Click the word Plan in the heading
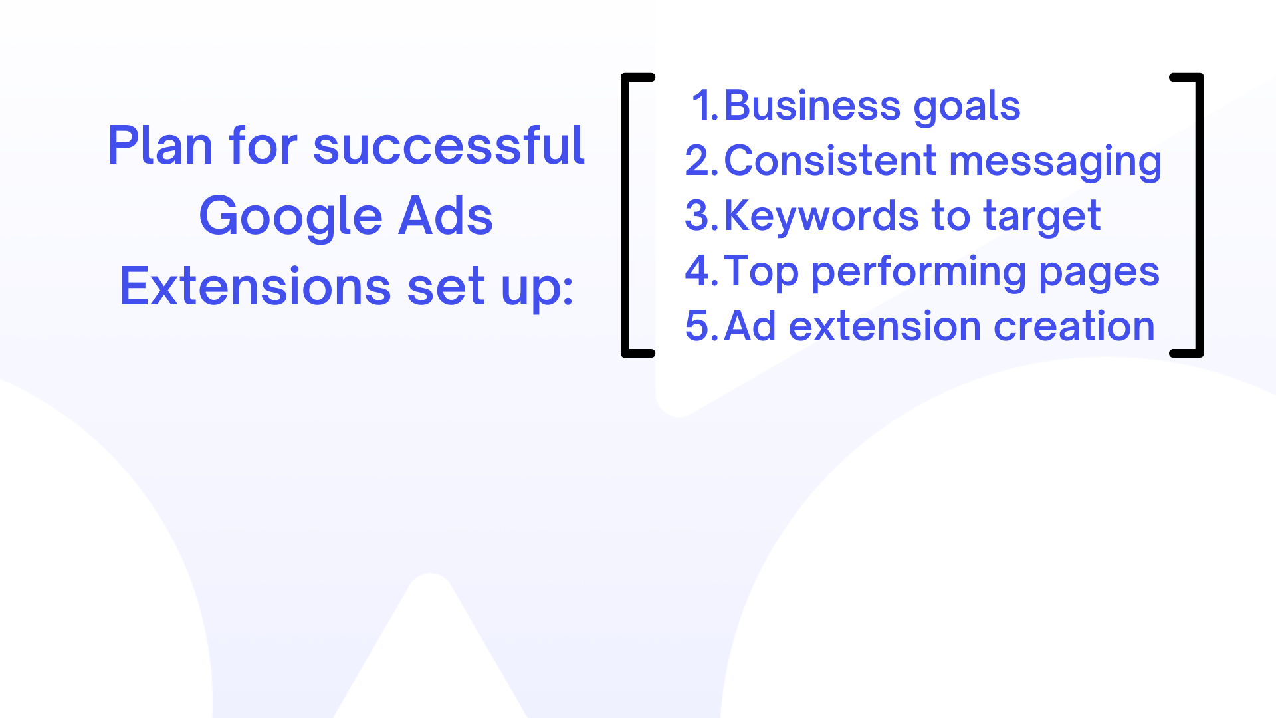(x=160, y=145)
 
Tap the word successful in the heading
(x=449, y=145)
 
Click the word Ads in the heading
(x=445, y=215)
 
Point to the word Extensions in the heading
(x=255, y=286)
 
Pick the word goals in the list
(x=967, y=108)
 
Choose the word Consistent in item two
(x=830, y=160)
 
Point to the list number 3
(x=702, y=215)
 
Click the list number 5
(x=702, y=326)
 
